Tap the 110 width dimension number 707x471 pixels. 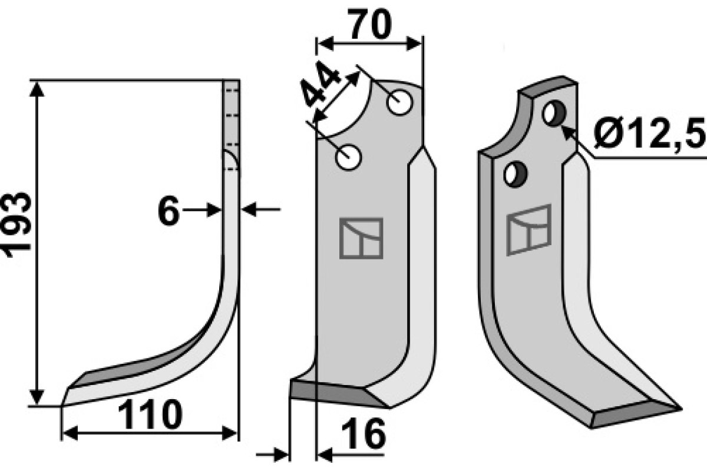click(x=150, y=416)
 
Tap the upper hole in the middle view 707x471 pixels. click(x=399, y=103)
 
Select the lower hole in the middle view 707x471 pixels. click(x=348, y=157)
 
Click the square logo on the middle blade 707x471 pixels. click(x=361, y=238)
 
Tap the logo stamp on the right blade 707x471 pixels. click(x=528, y=229)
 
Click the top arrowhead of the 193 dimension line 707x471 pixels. click(x=37, y=88)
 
